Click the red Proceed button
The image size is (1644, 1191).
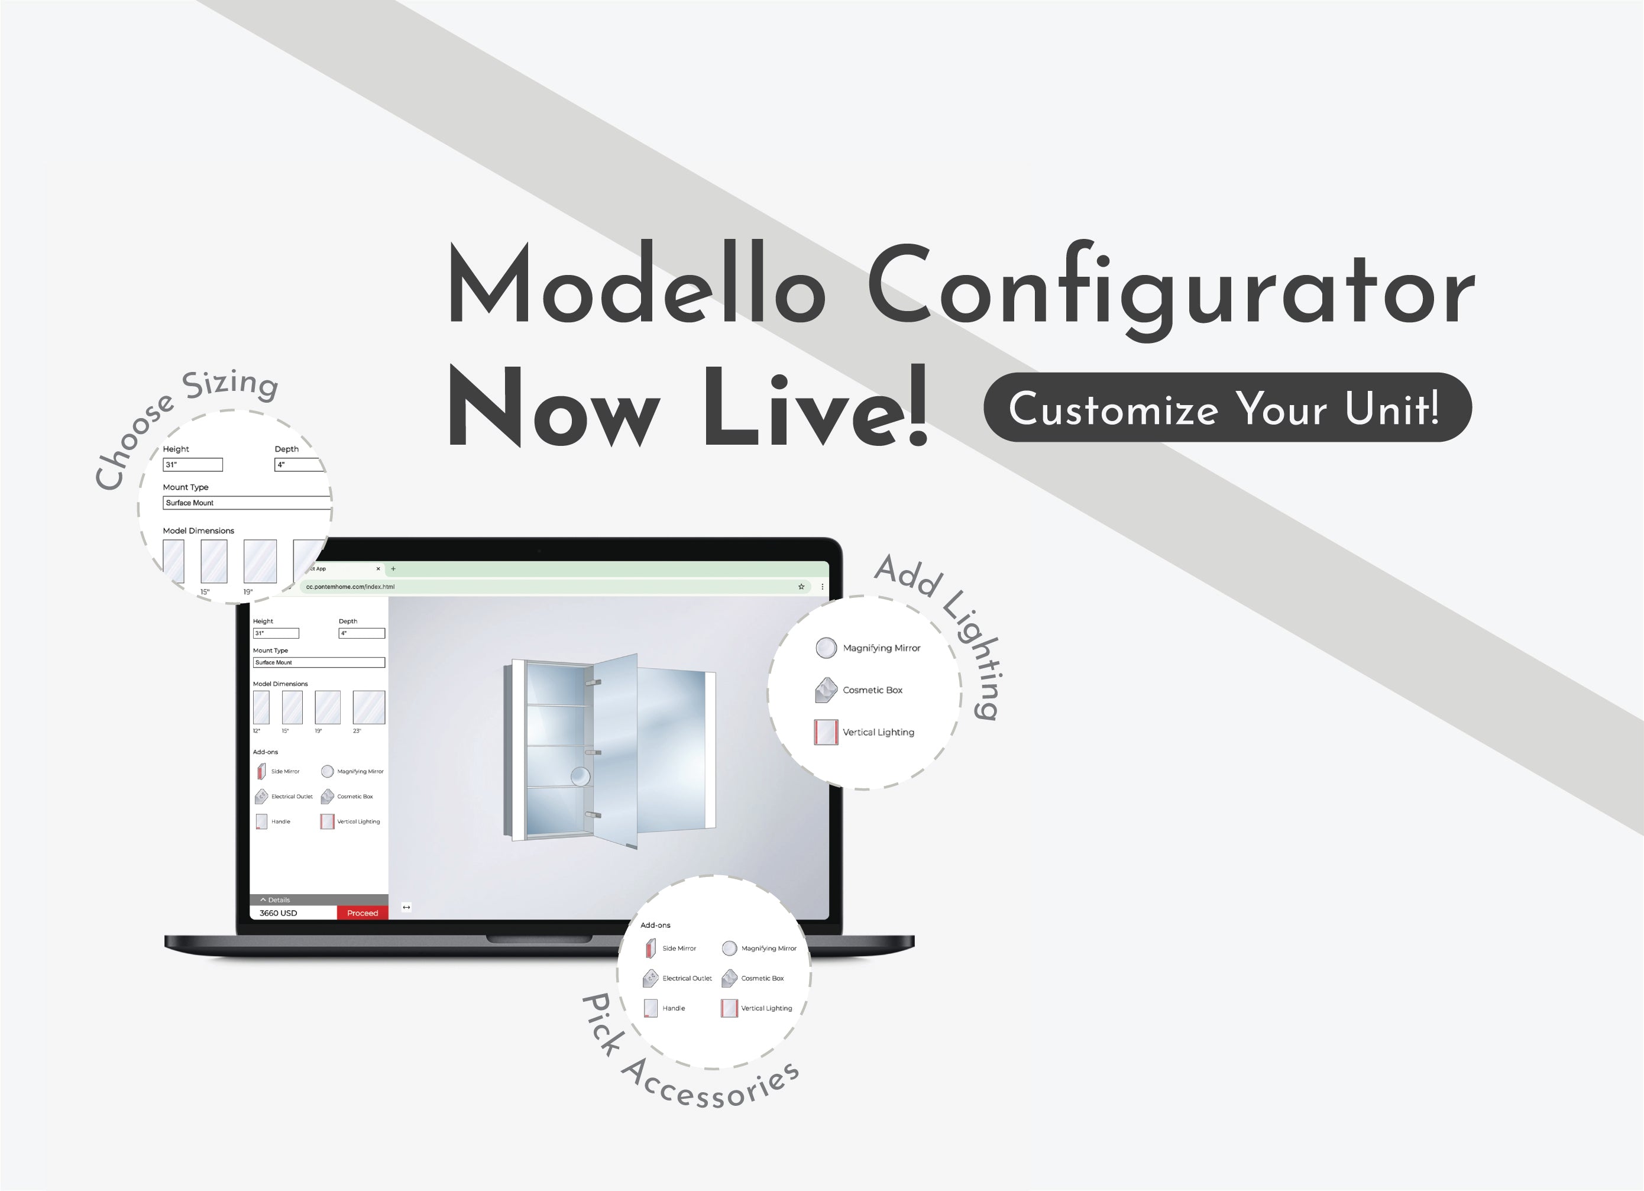pyautogui.click(x=363, y=912)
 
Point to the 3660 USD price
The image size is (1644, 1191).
pyautogui.click(x=279, y=912)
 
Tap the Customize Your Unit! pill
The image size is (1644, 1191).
pyautogui.click(x=1227, y=407)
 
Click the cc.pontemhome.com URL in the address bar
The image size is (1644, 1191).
pyautogui.click(x=350, y=587)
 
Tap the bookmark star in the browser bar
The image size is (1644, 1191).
pyautogui.click(x=801, y=587)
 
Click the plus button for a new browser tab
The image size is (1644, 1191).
pyautogui.click(x=393, y=569)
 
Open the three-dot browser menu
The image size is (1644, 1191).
pyautogui.click(x=822, y=587)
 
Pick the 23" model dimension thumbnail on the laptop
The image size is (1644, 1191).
pyautogui.click(x=368, y=707)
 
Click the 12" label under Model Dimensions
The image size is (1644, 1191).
pyautogui.click(x=257, y=731)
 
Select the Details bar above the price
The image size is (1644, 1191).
pyautogui.click(x=319, y=899)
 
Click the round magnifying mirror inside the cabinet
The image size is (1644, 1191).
pyautogui.click(x=580, y=776)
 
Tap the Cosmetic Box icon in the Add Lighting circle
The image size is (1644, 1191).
pyautogui.click(x=826, y=690)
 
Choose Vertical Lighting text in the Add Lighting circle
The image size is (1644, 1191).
pyautogui.click(x=879, y=732)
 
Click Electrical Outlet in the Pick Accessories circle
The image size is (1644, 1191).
pyautogui.click(x=687, y=978)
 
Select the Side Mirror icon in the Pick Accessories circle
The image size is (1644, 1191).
pyautogui.click(x=650, y=948)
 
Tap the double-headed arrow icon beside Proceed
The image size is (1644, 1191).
pyautogui.click(x=407, y=907)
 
